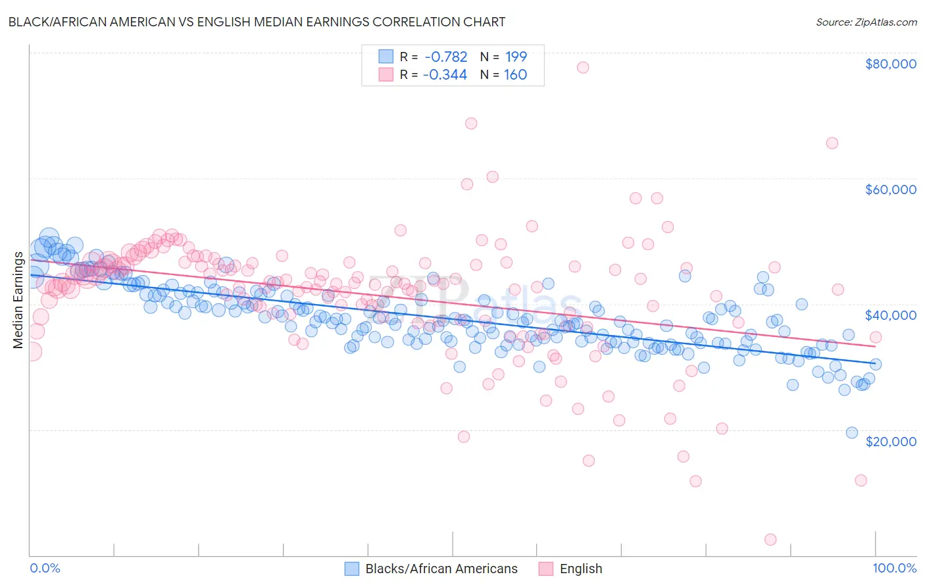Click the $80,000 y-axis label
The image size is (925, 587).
point(890,64)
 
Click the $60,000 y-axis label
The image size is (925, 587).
point(890,190)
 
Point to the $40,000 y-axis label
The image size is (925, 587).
point(890,315)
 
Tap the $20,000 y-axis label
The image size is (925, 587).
point(890,441)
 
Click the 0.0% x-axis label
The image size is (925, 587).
point(45,568)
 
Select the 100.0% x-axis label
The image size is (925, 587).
point(894,568)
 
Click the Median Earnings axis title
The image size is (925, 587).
point(18,300)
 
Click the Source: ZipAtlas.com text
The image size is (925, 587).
point(866,22)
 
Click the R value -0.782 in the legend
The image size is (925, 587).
point(445,57)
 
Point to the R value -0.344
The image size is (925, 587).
point(445,74)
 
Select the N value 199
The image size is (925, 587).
point(516,57)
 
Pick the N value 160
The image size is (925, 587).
point(516,74)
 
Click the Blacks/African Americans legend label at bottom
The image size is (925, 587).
point(441,569)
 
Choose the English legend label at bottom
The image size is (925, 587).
point(581,569)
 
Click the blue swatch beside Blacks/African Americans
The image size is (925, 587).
point(352,569)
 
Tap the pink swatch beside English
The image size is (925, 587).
point(546,569)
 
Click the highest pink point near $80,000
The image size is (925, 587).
point(583,67)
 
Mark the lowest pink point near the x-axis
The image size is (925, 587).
point(770,540)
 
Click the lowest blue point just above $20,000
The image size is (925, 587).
point(852,432)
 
